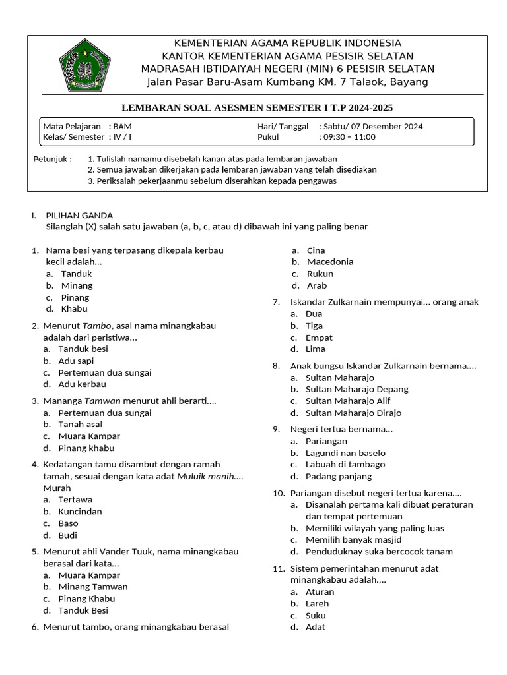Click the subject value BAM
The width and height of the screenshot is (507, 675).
pyautogui.click(x=122, y=126)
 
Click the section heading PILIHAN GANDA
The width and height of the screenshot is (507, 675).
pyautogui.click(x=79, y=215)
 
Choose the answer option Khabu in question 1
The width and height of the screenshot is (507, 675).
pyautogui.click(x=74, y=308)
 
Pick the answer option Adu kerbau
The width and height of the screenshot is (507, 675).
pyautogui.click(x=82, y=384)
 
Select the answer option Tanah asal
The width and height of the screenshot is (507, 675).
pyautogui.click(x=80, y=425)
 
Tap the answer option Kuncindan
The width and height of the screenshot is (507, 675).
pyautogui.click(x=80, y=512)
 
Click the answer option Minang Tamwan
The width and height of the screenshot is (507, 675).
pyautogui.click(x=93, y=587)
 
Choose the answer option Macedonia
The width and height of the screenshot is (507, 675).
pyautogui.click(x=330, y=262)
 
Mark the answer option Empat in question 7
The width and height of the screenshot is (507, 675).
pyautogui.click(x=319, y=337)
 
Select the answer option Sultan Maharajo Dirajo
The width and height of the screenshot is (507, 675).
pyautogui.click(x=353, y=413)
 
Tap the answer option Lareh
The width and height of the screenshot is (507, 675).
pyautogui.click(x=317, y=603)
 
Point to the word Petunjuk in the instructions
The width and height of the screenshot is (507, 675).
pyautogui.click(x=51, y=159)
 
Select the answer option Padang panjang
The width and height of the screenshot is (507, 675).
pyautogui.click(x=339, y=476)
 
